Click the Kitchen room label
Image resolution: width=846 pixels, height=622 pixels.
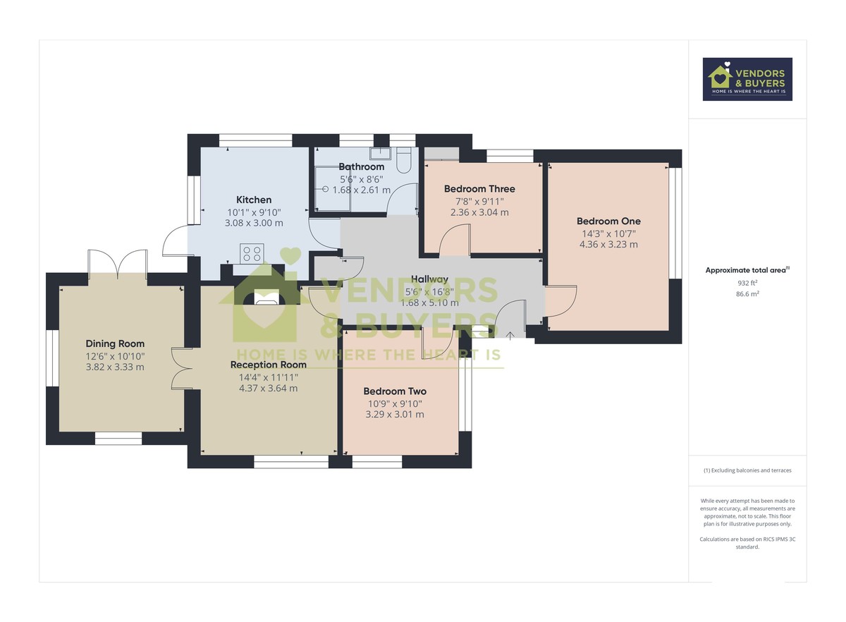tap(254, 200)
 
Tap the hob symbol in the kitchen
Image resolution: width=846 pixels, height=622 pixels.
tap(252, 253)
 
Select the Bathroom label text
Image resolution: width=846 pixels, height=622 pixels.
tap(361, 166)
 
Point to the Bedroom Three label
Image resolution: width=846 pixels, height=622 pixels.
tap(479, 189)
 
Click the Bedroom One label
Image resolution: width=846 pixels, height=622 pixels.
tap(608, 221)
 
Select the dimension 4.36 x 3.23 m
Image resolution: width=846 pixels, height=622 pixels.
tap(608, 245)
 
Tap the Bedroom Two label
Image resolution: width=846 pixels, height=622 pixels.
tap(395, 391)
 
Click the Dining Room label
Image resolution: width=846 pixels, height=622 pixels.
tap(115, 343)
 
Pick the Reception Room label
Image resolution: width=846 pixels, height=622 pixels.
tap(269, 365)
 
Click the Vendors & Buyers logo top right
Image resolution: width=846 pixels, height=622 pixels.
tap(747, 79)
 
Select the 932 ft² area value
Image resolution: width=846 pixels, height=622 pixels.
tap(747, 282)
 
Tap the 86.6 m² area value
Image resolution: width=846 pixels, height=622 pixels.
tap(747, 293)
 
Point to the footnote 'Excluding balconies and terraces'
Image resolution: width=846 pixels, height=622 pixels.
tap(747, 470)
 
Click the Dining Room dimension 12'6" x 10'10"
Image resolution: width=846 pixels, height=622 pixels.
tap(115, 355)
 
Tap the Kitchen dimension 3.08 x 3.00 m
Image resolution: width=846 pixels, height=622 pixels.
tap(255, 223)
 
